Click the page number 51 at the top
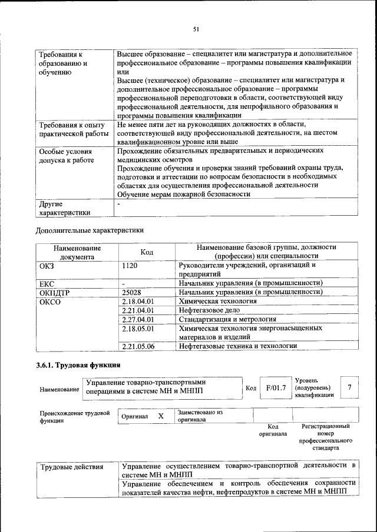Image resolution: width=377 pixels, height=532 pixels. coord(196,28)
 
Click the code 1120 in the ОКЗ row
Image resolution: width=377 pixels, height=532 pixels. coord(130,265)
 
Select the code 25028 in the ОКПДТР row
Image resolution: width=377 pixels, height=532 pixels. coord(132,292)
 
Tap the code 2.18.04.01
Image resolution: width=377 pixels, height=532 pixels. coord(137,301)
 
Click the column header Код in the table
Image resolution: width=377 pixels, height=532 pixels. coord(147,252)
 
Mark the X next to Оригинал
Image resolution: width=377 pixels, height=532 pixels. coord(160,416)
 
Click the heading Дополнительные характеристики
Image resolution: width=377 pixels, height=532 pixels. coord(90,230)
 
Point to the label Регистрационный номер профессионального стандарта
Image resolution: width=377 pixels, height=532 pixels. coord(325,437)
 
